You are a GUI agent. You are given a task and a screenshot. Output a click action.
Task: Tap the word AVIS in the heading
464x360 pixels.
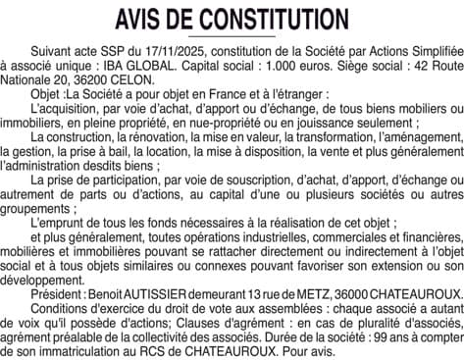coord(144,18)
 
